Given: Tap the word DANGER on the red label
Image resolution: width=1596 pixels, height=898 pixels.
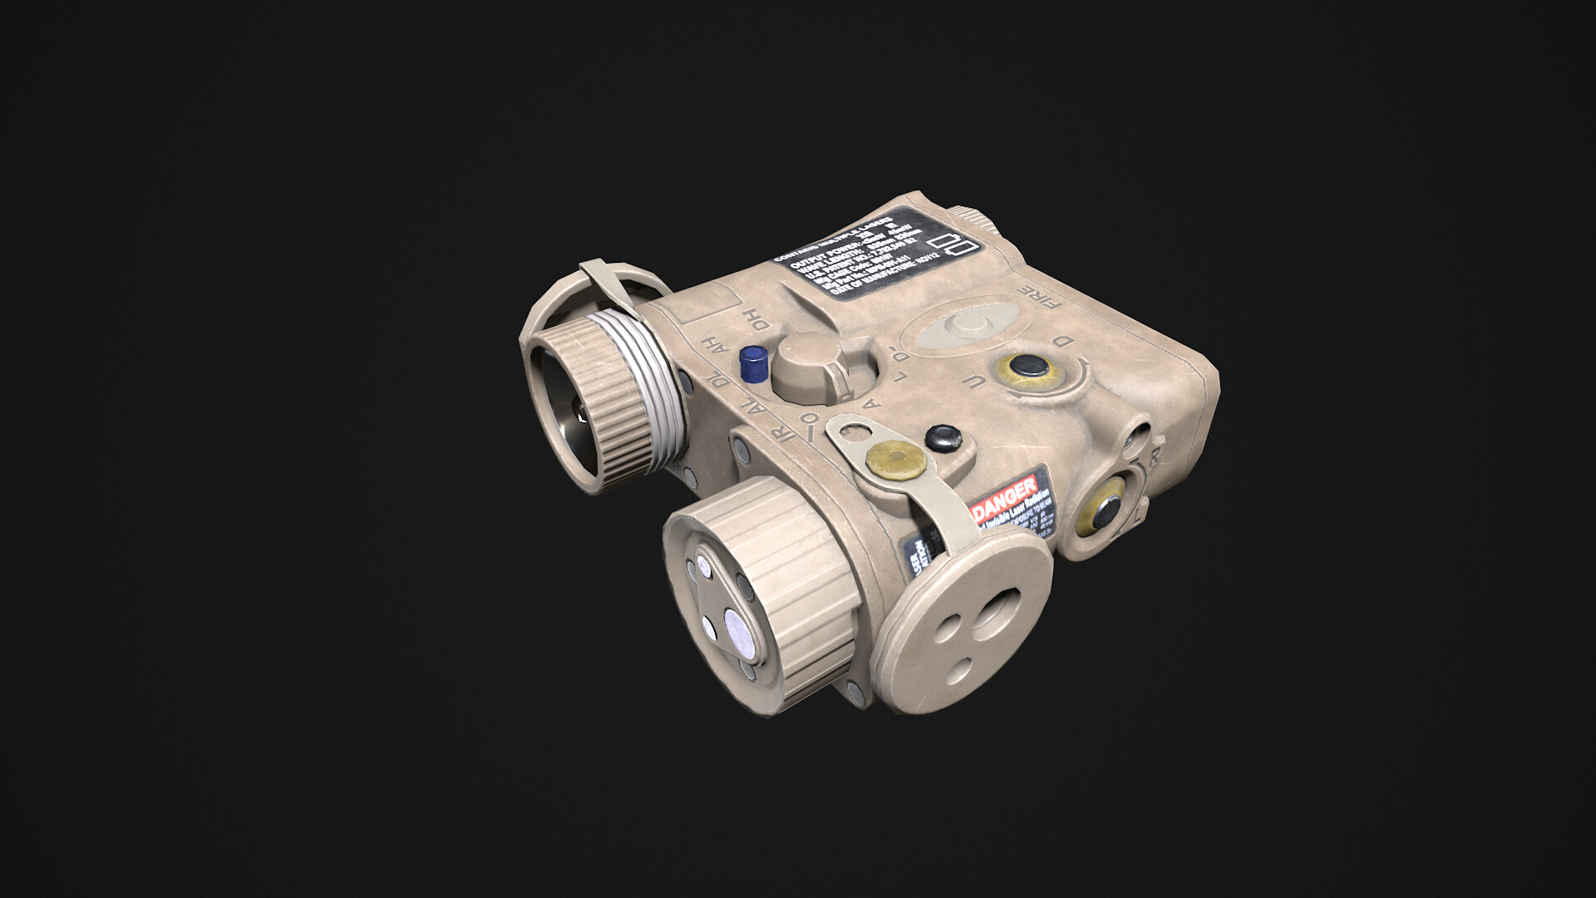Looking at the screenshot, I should [1009, 496].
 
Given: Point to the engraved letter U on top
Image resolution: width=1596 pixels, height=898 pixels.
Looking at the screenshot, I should [990, 382].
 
